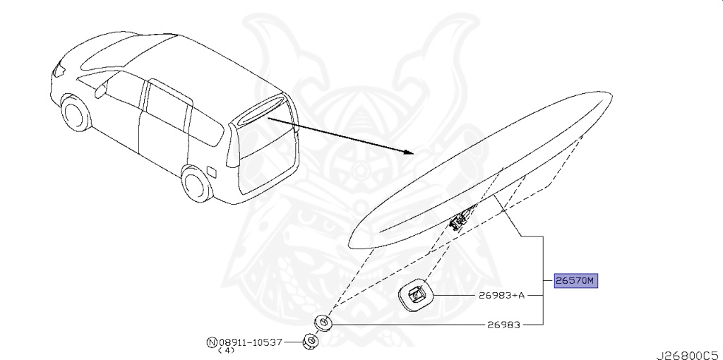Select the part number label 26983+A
tap(502, 295)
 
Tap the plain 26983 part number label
tap(502, 325)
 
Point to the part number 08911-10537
tap(251, 342)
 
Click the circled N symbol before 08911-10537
tap(211, 342)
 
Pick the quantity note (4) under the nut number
tap(226, 351)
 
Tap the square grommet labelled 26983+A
tap(415, 295)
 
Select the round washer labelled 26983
tap(323, 323)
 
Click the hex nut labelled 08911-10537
tap(309, 342)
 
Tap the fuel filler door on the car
tap(211, 170)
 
